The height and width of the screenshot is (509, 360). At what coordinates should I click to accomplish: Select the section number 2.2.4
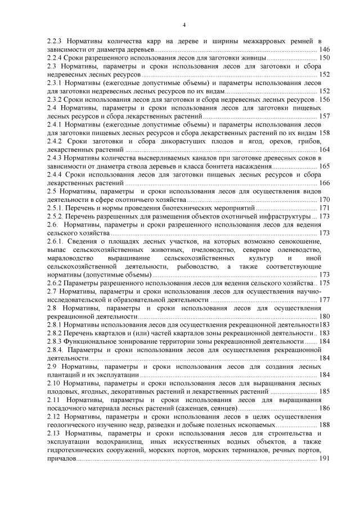pos(55,58)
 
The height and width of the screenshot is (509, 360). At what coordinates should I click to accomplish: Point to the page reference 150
pos(324,58)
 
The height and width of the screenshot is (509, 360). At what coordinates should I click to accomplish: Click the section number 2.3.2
pos(55,99)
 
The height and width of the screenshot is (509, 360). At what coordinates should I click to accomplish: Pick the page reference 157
pos(324,116)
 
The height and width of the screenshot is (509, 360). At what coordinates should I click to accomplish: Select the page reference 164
pos(324,150)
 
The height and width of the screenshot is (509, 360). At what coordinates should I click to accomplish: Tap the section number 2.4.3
pos(55,158)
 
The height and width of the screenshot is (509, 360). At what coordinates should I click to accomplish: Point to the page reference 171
pos(324,208)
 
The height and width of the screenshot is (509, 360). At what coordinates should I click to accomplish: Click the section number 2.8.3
pos(55,341)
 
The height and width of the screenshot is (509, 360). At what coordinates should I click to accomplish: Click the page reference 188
pos(324,425)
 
